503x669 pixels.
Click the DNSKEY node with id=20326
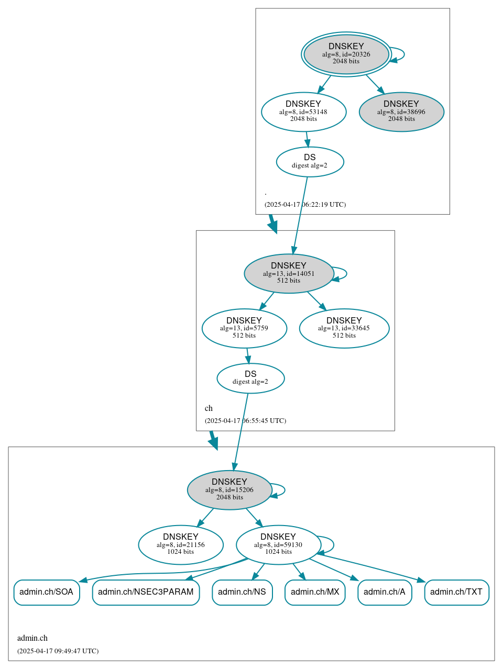pyautogui.click(x=346, y=54)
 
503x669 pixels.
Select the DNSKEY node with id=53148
pyautogui.click(x=303, y=111)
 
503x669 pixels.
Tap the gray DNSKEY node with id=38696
pyautogui.click(x=401, y=111)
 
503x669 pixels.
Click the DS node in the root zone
pyautogui.click(x=310, y=162)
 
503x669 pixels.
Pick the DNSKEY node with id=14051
pyautogui.click(x=289, y=273)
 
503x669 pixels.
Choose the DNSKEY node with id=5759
pyautogui.click(x=244, y=328)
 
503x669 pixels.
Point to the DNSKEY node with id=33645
pyautogui.click(x=344, y=328)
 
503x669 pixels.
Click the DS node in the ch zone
pyautogui.click(x=250, y=378)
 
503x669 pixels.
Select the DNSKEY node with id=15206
pyautogui.click(x=229, y=489)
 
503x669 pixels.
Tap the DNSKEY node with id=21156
pyautogui.click(x=181, y=544)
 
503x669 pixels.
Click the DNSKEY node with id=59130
pyautogui.click(x=278, y=544)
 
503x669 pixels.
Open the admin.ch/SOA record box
pyautogui.click(x=47, y=592)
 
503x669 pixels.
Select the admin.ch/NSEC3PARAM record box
pyautogui.click(x=146, y=592)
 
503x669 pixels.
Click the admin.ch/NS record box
pyautogui.click(x=242, y=592)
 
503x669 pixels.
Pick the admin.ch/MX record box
pyautogui.click(x=315, y=592)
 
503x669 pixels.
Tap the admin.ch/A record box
pyautogui.click(x=385, y=592)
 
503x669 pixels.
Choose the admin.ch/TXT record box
pyautogui.click(x=456, y=592)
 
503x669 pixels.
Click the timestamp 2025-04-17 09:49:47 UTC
pyautogui.click(x=58, y=651)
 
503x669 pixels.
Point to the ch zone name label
pyautogui.click(x=209, y=408)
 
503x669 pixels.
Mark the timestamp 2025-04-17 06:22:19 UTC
pyautogui.click(x=305, y=205)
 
